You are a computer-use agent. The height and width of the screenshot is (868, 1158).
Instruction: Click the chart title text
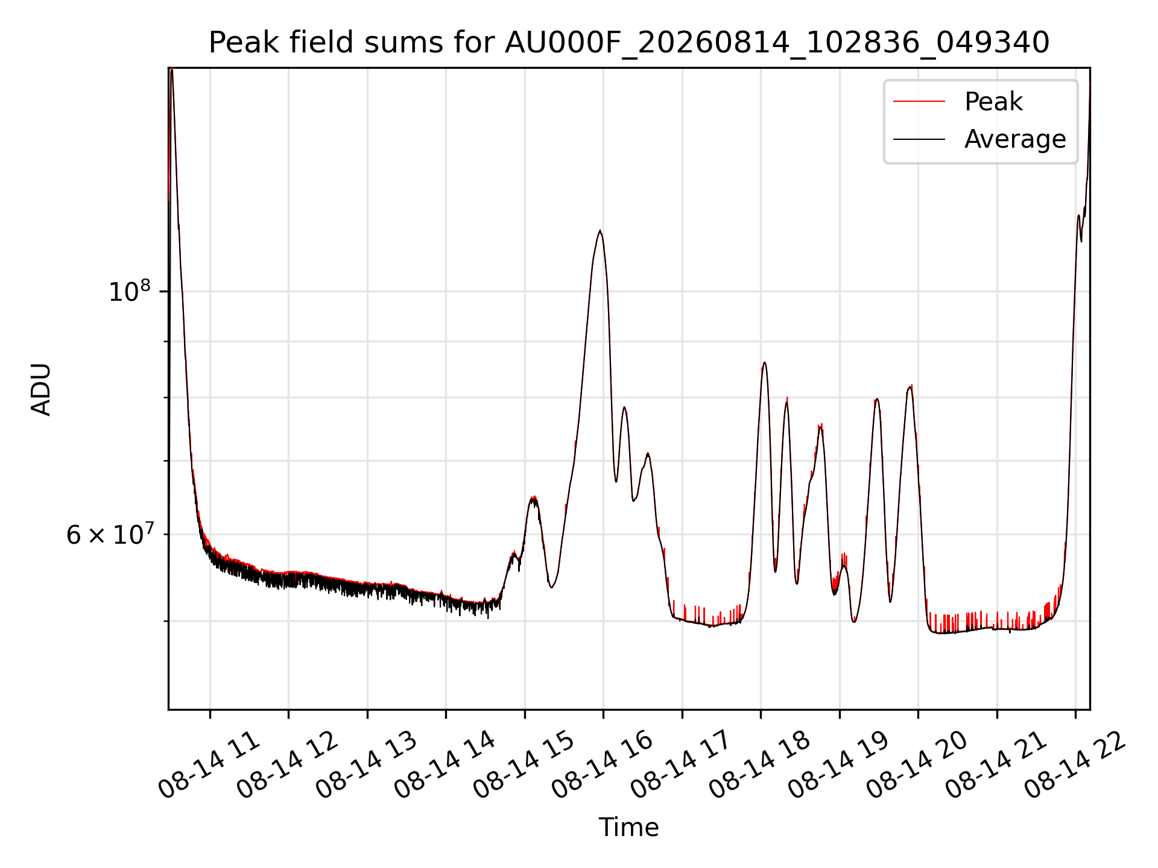(x=628, y=43)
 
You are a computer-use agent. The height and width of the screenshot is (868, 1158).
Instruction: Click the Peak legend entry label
(x=993, y=101)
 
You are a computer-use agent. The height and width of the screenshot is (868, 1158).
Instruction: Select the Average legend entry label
(x=1015, y=139)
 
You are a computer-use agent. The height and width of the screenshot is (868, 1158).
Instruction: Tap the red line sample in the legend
(x=919, y=101)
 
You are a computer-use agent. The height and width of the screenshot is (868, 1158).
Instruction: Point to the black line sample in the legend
(x=919, y=139)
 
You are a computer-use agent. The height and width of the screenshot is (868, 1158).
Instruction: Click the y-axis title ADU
(x=41, y=389)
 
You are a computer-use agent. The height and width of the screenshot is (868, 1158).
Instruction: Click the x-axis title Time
(x=628, y=827)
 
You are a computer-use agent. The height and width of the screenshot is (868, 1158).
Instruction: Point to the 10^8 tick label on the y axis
(x=129, y=291)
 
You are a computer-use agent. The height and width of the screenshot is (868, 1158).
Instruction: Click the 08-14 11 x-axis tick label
(x=208, y=765)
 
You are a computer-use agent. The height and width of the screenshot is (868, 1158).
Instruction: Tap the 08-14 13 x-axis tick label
(x=365, y=765)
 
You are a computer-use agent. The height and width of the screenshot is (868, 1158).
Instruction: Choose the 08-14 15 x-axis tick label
(x=523, y=765)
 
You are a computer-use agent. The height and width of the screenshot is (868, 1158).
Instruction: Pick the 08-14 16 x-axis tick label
(x=601, y=765)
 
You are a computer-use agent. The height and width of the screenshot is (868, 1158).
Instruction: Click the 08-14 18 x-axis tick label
(x=759, y=765)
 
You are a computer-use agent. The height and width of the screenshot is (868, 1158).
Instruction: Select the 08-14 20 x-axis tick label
(x=916, y=765)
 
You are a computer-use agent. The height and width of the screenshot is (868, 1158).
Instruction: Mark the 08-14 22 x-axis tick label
(x=1074, y=765)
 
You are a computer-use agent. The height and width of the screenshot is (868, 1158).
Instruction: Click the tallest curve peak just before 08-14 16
(x=600, y=230)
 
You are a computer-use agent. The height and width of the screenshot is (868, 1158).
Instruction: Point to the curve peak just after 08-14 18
(x=764, y=362)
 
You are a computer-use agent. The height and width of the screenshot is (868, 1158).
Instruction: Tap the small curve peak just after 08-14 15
(x=533, y=497)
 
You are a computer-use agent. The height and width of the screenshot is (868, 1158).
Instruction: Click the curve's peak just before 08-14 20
(x=910, y=386)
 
